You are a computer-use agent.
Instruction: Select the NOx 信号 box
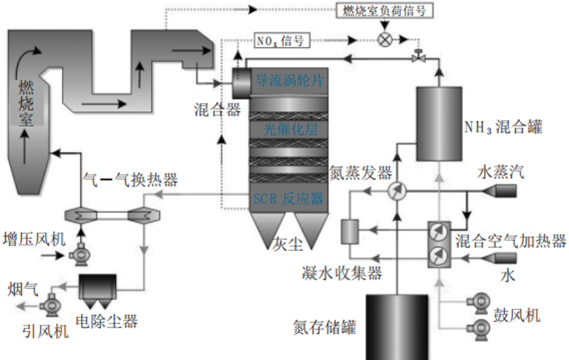click(x=279, y=40)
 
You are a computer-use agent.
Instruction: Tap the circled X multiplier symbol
click(x=385, y=39)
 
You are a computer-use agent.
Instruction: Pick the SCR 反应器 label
click(x=288, y=198)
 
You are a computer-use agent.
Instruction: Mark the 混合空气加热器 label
click(x=511, y=241)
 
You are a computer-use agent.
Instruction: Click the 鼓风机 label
click(x=516, y=315)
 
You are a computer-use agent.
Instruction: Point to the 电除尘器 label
click(x=107, y=320)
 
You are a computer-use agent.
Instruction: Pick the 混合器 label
click(x=216, y=110)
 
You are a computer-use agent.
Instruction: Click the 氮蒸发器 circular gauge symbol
click(x=396, y=191)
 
